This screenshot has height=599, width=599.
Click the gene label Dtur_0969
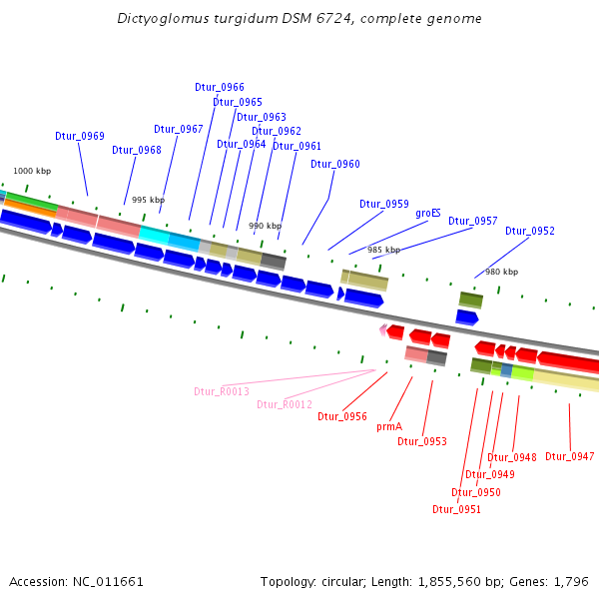80,136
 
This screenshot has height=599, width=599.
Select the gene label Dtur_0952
529,231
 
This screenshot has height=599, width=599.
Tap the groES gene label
428,213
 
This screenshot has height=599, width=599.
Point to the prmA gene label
389,426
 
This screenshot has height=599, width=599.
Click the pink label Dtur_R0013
222,391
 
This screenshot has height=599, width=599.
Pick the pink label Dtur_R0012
285,404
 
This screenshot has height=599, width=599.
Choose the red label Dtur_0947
569,456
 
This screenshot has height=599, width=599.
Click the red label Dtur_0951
456,509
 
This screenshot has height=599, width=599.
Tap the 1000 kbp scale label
31,172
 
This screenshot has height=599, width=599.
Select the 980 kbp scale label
502,272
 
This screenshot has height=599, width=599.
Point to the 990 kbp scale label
265,227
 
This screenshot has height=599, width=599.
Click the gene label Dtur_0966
220,88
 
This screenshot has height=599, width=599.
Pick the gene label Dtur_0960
335,164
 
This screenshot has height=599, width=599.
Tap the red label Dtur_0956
342,416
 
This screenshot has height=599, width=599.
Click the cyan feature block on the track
156,235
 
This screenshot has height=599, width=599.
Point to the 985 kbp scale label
383,250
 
